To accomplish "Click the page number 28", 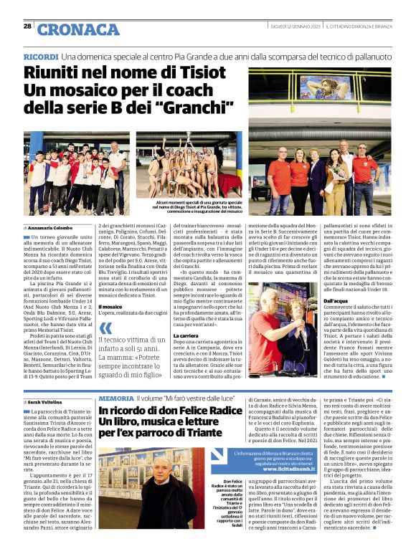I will click(27, 27).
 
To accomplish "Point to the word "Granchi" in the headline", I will click(205, 109).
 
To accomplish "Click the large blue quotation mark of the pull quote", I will click(106, 329).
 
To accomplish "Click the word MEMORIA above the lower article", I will click(115, 397).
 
